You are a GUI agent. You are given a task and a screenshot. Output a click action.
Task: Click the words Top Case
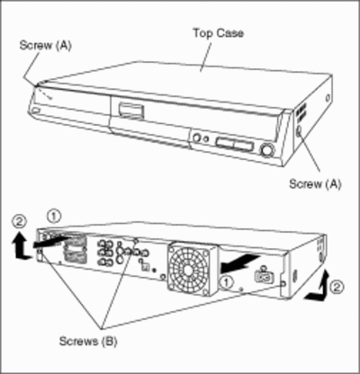(x=218, y=32)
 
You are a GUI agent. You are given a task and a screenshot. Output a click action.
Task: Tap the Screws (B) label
(x=88, y=341)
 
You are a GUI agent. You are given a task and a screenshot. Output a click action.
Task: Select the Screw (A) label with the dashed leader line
(x=46, y=45)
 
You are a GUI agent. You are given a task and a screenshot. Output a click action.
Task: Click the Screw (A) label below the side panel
(x=315, y=183)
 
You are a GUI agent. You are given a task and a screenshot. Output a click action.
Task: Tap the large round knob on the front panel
(x=265, y=150)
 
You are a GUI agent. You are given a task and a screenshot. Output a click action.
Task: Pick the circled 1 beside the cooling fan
(x=227, y=282)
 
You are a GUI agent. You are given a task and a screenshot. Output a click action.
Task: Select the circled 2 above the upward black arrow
(x=19, y=222)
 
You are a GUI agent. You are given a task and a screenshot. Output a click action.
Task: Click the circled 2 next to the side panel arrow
(x=337, y=288)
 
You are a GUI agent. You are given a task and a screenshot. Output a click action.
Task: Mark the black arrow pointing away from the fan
(x=240, y=262)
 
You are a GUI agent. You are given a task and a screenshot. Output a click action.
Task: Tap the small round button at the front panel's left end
(x=34, y=111)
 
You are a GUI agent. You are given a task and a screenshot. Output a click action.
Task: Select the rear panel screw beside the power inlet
(x=283, y=283)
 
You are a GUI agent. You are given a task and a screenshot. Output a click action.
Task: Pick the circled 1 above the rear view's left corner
(x=54, y=216)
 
